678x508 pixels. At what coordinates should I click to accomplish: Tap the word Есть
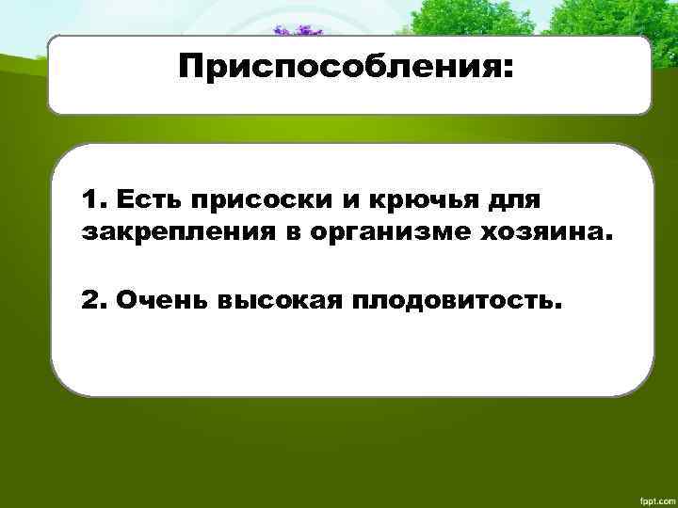(x=147, y=200)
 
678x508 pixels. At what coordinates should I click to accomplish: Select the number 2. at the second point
(x=94, y=302)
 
